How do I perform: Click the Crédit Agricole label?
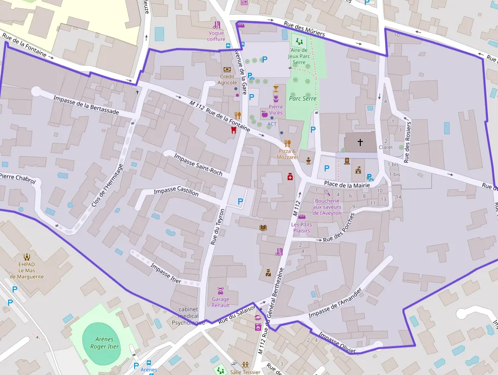[227, 79]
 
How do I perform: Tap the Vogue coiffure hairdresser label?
[216, 36]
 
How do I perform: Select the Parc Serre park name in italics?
[302, 99]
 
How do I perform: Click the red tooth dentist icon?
[234, 130]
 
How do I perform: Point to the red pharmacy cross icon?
[290, 177]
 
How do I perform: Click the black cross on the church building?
[361, 142]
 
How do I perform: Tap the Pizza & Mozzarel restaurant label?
[287, 154]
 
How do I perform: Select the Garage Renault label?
[221, 302]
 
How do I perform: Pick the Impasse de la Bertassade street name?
[86, 105]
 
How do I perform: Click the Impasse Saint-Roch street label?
[198, 164]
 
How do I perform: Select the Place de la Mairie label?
[348, 185]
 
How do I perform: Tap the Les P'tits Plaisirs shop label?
[301, 227]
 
